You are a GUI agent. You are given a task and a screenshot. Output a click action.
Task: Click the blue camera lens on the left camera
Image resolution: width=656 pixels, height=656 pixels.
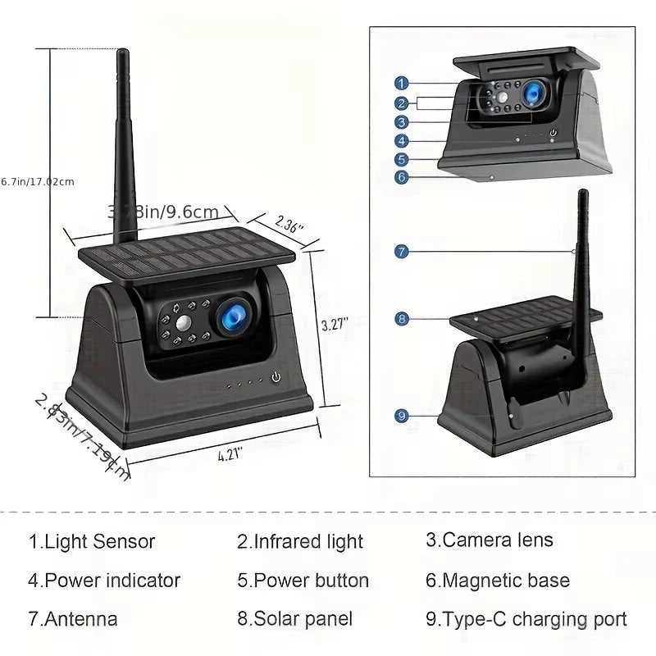coord(232,316)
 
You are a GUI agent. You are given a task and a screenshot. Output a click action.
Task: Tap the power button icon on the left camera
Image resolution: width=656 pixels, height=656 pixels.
coord(276,378)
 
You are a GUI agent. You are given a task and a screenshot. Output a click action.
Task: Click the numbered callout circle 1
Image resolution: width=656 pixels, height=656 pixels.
coord(401,83)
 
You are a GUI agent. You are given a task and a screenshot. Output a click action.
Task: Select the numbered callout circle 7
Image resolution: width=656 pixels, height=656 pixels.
coord(401,252)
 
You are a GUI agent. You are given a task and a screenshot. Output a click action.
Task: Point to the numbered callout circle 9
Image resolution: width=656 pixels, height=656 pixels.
coord(401,416)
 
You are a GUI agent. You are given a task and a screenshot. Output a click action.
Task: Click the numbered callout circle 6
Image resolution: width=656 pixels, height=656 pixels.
coord(401,176)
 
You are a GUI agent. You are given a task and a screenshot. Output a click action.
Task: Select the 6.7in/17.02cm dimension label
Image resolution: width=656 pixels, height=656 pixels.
coord(38,181)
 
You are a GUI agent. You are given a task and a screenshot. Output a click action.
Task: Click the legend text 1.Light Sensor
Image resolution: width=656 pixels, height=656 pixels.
coord(91,541)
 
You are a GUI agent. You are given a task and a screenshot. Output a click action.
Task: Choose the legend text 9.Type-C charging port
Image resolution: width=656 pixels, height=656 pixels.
coord(526,619)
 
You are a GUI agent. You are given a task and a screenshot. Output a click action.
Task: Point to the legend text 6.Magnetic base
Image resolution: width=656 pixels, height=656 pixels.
coord(497,581)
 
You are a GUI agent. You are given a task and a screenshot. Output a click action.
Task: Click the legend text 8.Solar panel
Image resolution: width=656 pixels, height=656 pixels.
coord(294,619)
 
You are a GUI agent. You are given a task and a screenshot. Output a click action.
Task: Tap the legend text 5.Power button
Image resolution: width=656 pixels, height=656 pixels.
coord(303,581)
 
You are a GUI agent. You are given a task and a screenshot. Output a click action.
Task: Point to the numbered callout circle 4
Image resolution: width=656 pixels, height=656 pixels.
coord(401,140)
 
